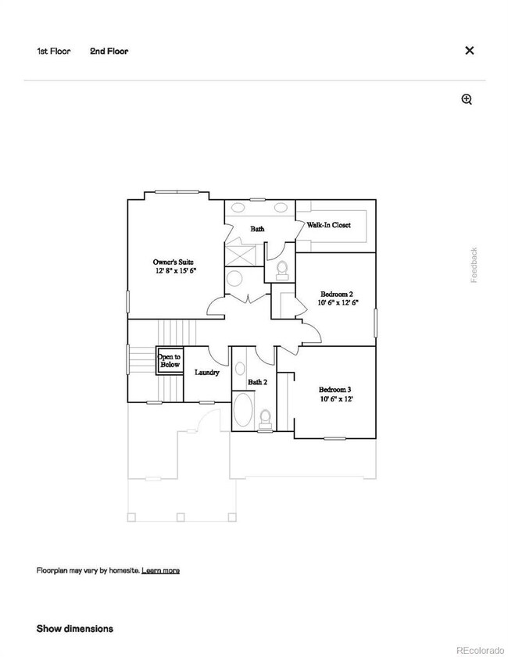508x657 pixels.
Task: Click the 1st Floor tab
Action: coord(53,52)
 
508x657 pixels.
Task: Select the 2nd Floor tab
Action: coord(109,52)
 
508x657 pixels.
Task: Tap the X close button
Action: coord(470,51)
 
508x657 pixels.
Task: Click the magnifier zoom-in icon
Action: coord(467,99)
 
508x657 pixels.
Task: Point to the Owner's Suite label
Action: coord(173,262)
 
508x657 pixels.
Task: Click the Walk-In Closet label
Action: coord(328,225)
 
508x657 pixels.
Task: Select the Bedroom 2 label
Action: coord(338,295)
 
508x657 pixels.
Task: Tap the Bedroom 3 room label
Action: coord(334,390)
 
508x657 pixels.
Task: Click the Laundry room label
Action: coord(206,373)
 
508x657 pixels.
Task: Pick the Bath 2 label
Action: coord(258,382)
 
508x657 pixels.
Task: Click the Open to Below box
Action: coord(170,360)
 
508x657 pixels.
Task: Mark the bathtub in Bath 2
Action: coord(244,411)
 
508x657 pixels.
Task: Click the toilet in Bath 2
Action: coord(266,418)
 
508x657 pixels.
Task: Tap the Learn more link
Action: coord(160,570)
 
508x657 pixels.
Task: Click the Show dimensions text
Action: coord(75,628)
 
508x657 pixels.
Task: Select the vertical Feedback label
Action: coord(474,265)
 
